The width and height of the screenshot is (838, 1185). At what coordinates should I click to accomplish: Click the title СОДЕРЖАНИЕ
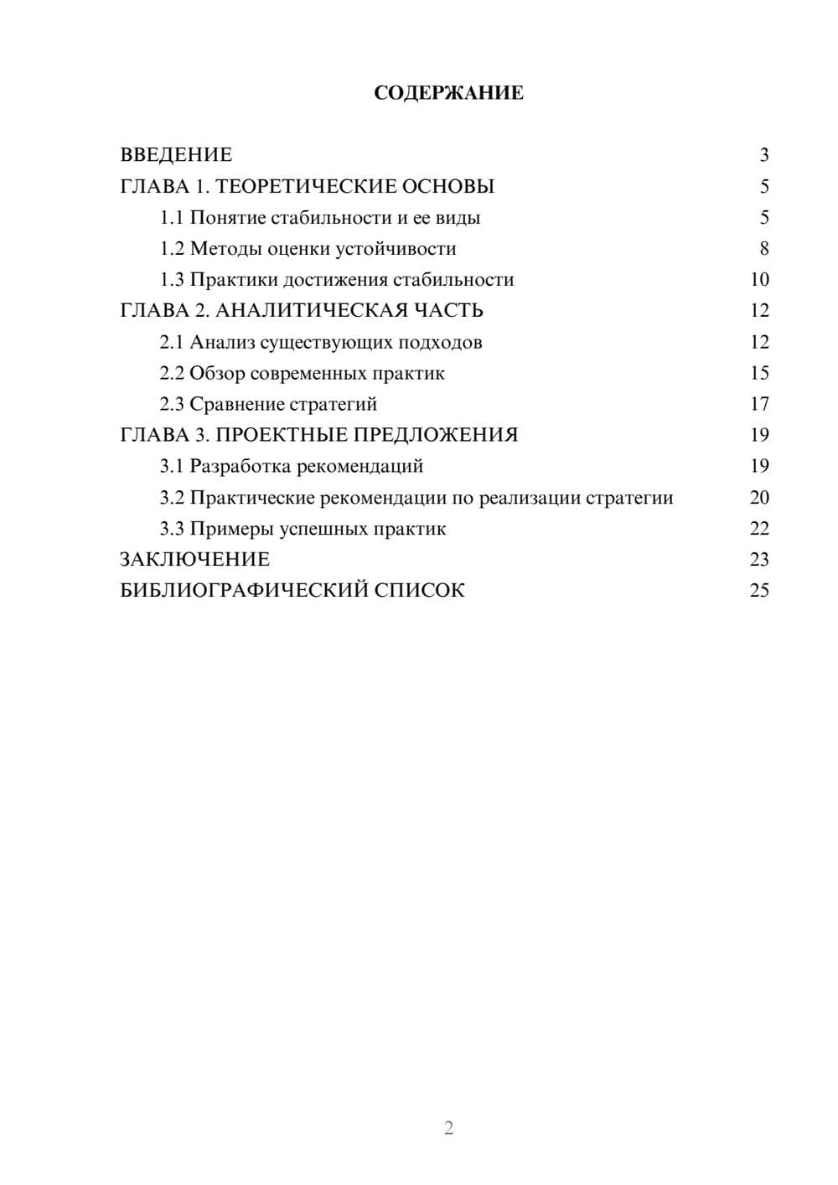point(448,93)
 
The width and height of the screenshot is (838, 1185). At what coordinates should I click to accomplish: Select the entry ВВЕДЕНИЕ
point(176,155)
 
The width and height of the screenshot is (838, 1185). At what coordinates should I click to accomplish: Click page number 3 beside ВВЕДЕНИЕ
point(763,155)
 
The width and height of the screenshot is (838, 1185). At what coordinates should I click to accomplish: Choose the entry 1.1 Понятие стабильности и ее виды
point(320,218)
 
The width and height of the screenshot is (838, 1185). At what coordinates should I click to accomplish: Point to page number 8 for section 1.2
point(763,249)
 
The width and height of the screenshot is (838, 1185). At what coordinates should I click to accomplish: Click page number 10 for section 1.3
point(759,280)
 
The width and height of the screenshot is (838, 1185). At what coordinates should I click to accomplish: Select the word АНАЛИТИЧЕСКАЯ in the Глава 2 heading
point(310,311)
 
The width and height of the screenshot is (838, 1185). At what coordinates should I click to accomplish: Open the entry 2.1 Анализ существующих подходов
point(321,342)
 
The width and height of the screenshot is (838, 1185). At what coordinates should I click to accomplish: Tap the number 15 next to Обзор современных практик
point(759,373)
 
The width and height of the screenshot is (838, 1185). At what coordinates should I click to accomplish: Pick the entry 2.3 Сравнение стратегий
point(268,404)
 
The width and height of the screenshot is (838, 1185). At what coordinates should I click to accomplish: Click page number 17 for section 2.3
point(759,404)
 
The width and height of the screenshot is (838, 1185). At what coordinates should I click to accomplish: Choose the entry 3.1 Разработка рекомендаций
point(292,466)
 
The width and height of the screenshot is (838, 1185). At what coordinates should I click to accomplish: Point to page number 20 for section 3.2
point(759,498)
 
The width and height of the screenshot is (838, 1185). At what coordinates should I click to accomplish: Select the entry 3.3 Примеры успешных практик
point(303,529)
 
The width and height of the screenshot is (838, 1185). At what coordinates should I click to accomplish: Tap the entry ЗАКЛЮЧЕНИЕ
point(194,559)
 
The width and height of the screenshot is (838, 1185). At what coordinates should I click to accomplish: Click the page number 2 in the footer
point(448,1128)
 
